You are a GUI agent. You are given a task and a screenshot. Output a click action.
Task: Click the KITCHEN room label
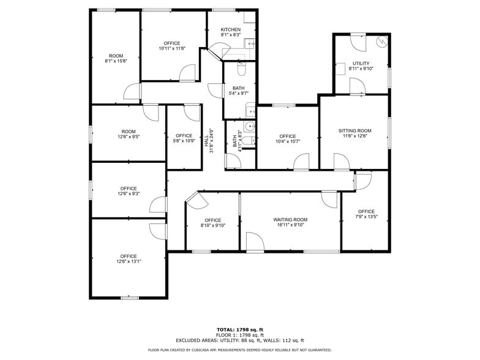pyautogui.click(x=231, y=30)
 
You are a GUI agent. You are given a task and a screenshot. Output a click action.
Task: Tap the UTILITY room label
pyautogui.click(x=361, y=64)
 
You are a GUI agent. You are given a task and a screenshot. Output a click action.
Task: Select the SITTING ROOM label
pyautogui.click(x=355, y=130)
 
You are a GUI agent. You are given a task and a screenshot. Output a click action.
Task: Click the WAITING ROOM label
pyautogui.click(x=290, y=219)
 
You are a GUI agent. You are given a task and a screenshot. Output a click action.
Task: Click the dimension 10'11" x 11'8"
pyautogui.click(x=172, y=49)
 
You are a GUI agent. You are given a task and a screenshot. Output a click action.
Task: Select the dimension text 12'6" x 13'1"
pyautogui.click(x=129, y=261)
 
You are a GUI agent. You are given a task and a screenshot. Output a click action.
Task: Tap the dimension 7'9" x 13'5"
pyautogui.click(x=366, y=217)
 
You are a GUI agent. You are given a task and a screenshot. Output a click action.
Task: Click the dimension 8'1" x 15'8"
pyautogui.click(x=116, y=61)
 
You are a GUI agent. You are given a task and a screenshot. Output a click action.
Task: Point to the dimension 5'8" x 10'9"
pyautogui.click(x=184, y=141)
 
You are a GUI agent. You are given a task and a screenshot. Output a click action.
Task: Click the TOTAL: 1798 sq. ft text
pyautogui.click(x=240, y=329)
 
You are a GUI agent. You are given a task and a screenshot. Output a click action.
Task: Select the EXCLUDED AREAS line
pyautogui.click(x=240, y=340)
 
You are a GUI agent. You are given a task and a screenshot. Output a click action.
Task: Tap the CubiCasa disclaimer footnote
pyautogui.click(x=240, y=350)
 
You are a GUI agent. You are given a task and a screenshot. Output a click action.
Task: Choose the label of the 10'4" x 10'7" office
pyautogui.click(x=287, y=136)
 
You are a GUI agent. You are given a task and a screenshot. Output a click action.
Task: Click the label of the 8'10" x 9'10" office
pyautogui.click(x=212, y=220)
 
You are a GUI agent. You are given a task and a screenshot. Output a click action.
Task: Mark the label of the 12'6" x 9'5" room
pyautogui.click(x=129, y=132)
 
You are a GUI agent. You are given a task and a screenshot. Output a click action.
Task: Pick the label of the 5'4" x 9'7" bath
pyautogui.click(x=238, y=88)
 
